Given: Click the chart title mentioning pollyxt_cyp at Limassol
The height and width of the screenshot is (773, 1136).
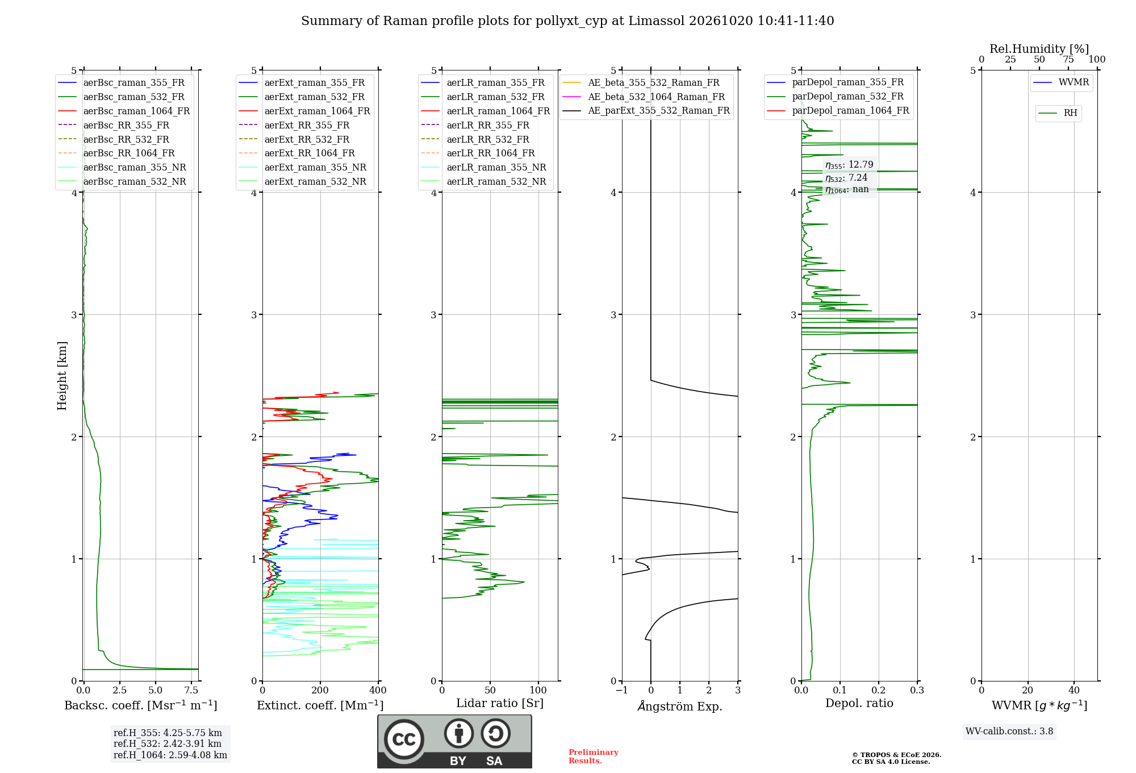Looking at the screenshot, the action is tap(567, 21).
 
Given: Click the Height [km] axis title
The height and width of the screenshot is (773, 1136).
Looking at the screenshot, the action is tap(62, 376).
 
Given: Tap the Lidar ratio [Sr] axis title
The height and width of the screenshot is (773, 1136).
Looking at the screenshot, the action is tap(500, 704).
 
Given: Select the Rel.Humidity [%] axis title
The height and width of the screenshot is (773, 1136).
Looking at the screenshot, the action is tap(1039, 49).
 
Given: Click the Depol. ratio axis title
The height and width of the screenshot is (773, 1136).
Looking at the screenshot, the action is tap(859, 704).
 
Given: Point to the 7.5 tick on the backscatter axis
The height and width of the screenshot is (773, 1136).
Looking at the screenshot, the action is tap(191, 691).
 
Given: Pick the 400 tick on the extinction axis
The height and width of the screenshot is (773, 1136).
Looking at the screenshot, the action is tap(378, 691).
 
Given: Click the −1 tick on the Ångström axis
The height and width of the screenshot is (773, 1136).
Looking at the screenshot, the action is tap(622, 691).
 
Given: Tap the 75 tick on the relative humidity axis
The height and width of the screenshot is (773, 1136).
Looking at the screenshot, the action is tap(1068, 60).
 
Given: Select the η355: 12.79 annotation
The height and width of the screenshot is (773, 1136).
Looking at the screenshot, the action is tap(849, 165).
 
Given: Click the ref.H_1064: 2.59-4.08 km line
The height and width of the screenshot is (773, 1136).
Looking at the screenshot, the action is tap(170, 755).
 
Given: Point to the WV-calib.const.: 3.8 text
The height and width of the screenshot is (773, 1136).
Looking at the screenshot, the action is tap(1009, 732).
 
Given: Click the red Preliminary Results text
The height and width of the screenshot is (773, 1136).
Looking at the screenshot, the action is tap(594, 757).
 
